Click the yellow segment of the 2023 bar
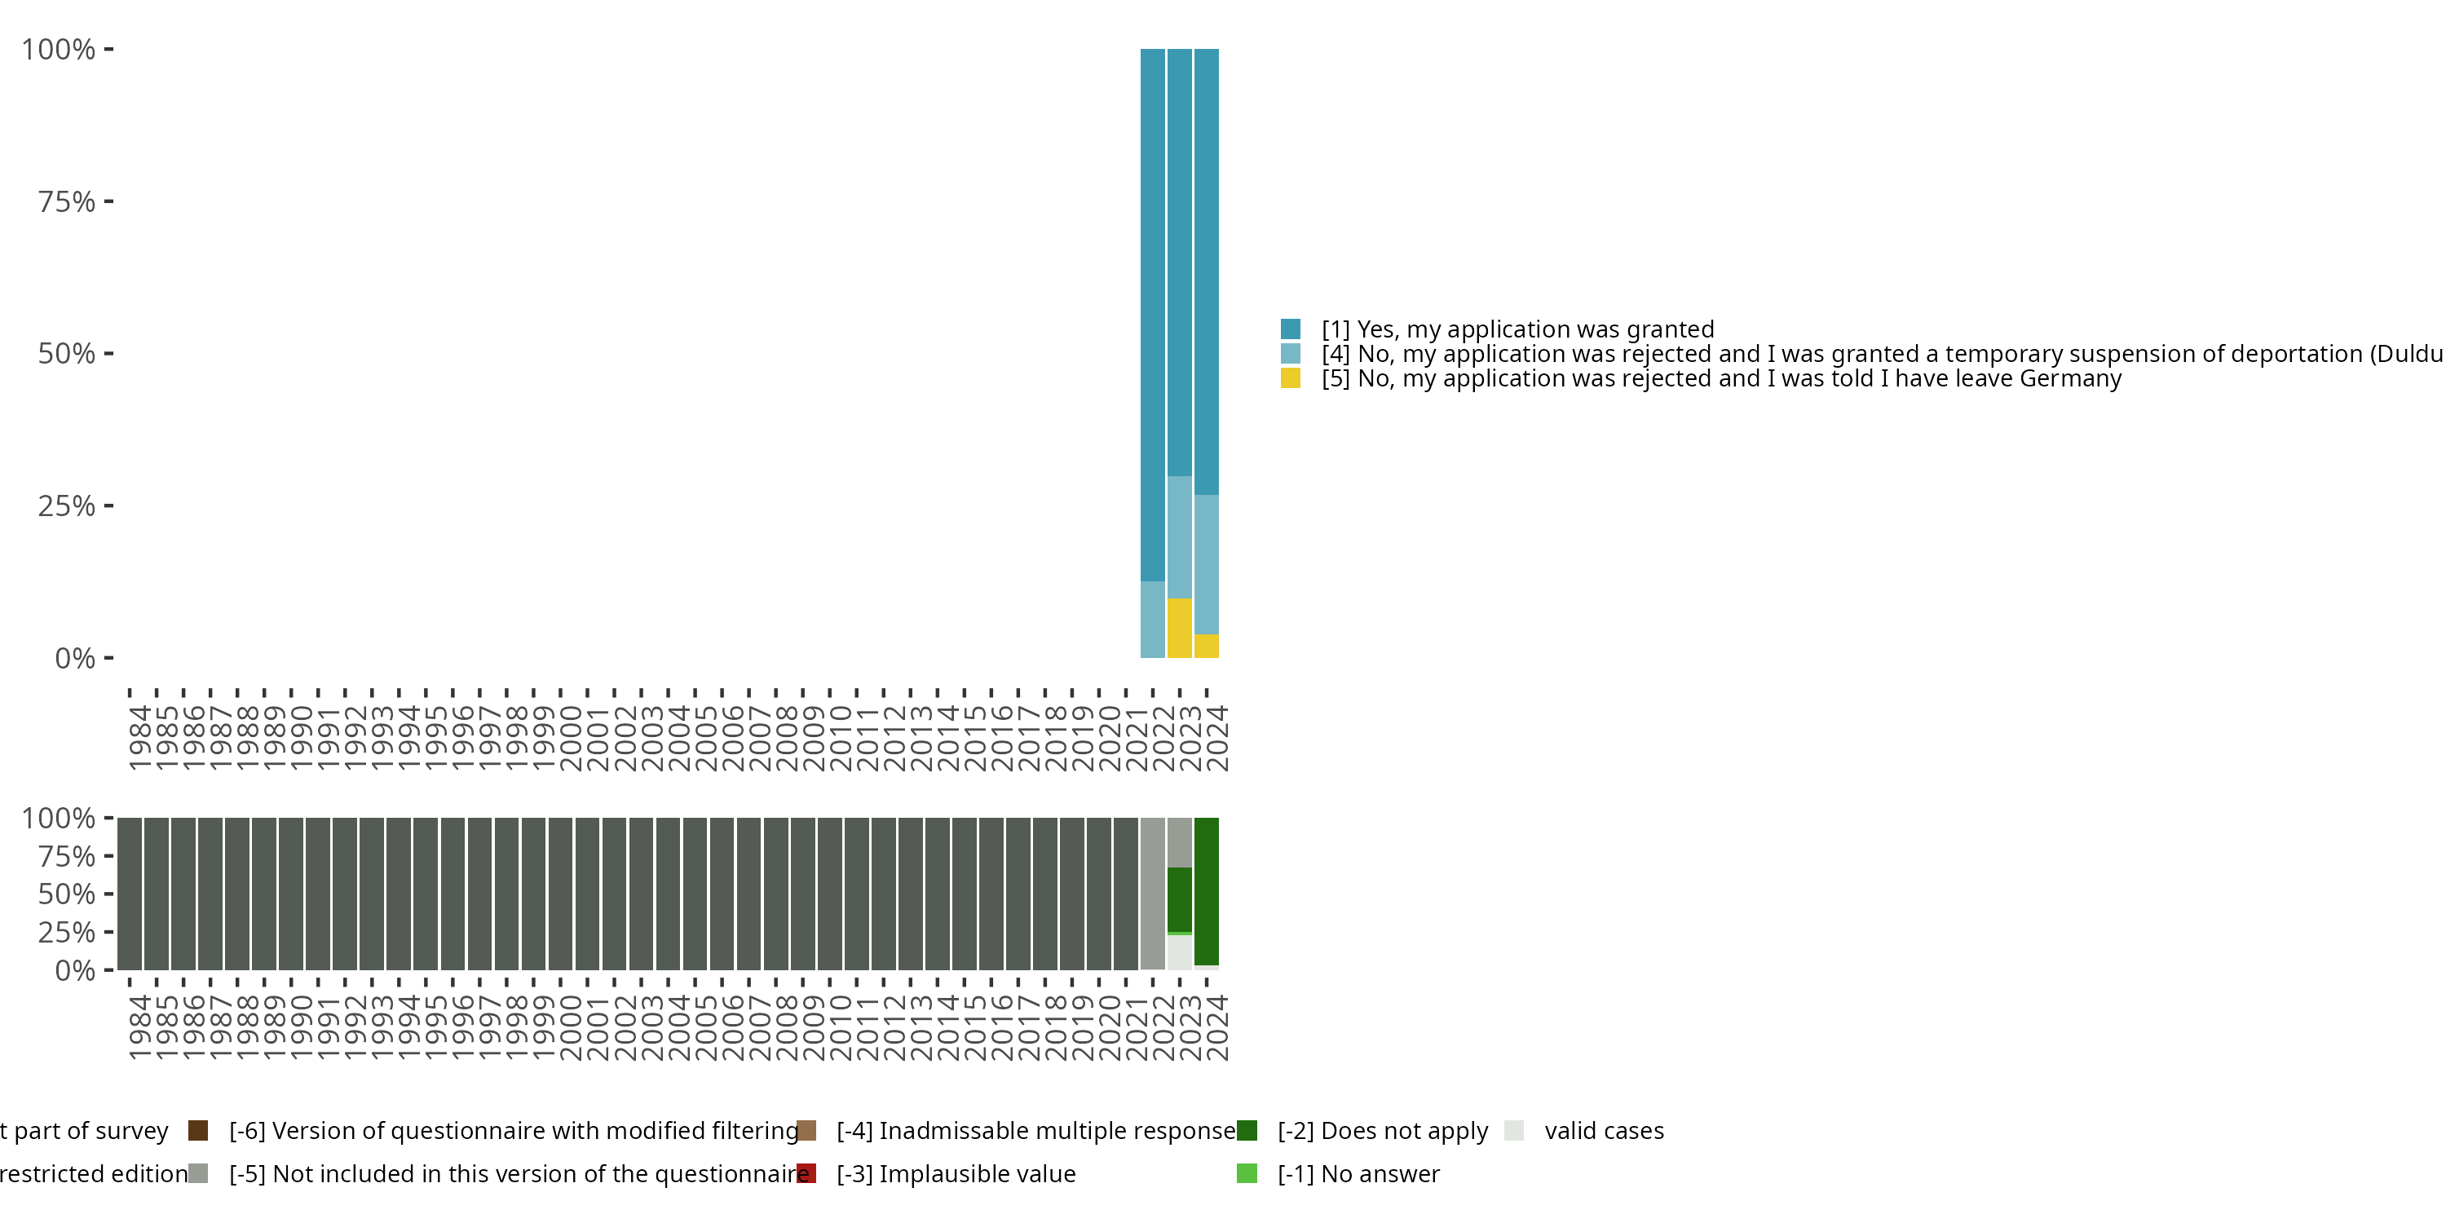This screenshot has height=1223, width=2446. (x=1178, y=628)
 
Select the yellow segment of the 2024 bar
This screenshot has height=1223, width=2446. (x=1206, y=646)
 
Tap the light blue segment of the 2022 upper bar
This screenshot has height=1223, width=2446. (x=1152, y=619)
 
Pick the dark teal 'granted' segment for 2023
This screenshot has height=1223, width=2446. (x=1178, y=261)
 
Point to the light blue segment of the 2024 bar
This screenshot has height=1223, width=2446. (x=1206, y=564)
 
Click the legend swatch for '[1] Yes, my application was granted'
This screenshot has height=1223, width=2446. (x=1290, y=329)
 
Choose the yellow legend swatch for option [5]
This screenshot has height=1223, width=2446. (x=1290, y=378)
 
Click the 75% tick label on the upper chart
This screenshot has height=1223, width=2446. (x=67, y=201)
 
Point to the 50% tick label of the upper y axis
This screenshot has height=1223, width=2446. (x=67, y=353)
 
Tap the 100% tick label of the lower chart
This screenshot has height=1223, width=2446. (x=58, y=818)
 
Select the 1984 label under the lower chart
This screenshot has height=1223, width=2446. (x=139, y=1027)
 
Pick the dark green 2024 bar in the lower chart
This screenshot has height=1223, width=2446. (x=1206, y=890)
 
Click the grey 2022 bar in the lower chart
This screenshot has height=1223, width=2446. (x=1152, y=893)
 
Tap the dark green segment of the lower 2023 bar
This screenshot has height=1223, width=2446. (x=1178, y=899)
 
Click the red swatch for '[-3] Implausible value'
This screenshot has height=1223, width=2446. (x=806, y=1173)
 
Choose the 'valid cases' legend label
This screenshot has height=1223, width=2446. (x=1604, y=1131)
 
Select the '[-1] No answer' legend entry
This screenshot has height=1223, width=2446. (x=1358, y=1173)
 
